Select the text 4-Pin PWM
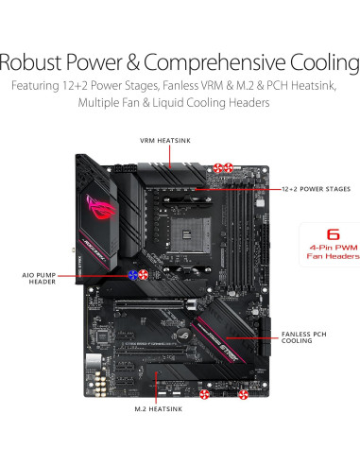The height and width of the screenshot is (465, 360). coord(333,248)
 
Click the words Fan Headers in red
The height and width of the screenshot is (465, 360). coord(332,258)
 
